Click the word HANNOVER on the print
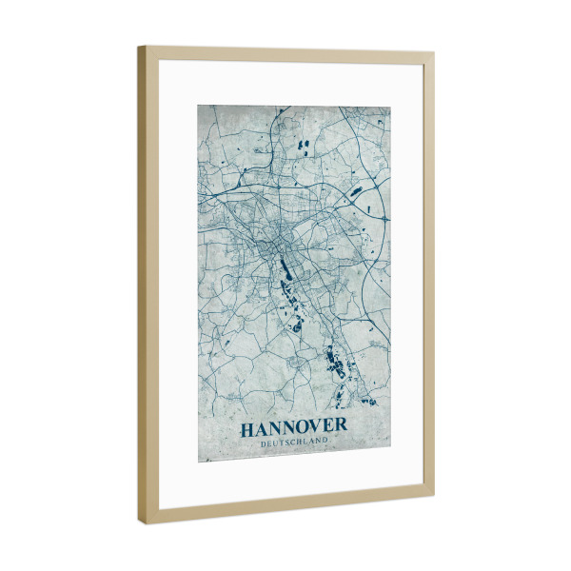click(293, 428)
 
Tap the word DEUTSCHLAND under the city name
click(293, 443)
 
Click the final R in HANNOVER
click(340, 428)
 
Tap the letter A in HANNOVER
click(261, 429)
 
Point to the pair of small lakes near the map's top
click(305, 146)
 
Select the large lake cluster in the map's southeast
click(335, 363)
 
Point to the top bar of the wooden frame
click(285, 51)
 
